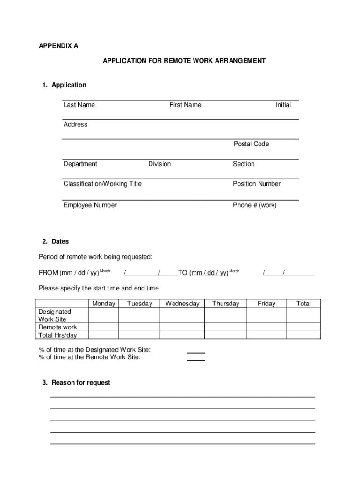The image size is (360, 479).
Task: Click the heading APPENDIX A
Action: click(x=58, y=46)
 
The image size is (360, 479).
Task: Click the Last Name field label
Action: click(x=79, y=105)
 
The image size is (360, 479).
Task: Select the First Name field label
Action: click(x=185, y=105)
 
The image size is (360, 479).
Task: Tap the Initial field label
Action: click(x=283, y=105)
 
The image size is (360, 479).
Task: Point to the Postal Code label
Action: click(x=251, y=144)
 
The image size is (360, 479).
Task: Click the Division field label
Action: click(x=159, y=164)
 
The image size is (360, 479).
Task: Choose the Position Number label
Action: click(x=257, y=184)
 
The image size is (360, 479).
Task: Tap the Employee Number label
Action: click(x=90, y=205)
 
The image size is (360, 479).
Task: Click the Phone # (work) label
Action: click(x=254, y=205)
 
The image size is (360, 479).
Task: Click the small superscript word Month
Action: click(x=105, y=271)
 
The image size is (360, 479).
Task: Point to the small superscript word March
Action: click(x=234, y=271)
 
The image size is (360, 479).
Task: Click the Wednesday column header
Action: click(x=182, y=304)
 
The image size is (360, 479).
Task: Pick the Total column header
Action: click(x=303, y=304)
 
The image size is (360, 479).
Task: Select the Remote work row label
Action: click(x=58, y=327)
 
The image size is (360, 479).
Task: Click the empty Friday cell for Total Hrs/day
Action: click(x=266, y=335)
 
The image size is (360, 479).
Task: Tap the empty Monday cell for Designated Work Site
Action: click(x=103, y=315)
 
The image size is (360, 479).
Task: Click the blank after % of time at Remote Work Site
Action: click(x=196, y=358)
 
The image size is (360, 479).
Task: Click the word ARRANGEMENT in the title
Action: click(x=238, y=61)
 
